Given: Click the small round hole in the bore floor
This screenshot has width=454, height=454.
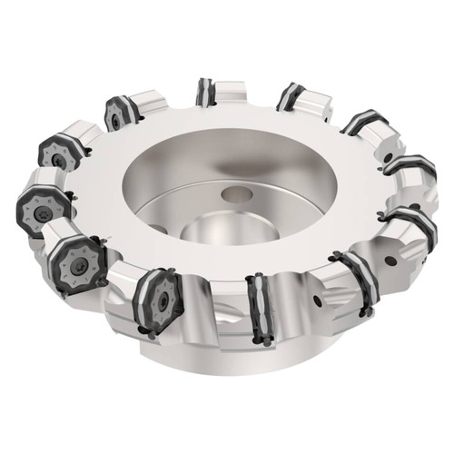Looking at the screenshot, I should pos(239,193).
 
